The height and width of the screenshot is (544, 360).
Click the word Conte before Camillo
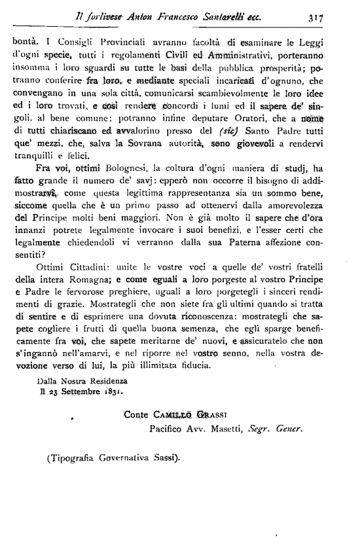coord(137,415)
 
